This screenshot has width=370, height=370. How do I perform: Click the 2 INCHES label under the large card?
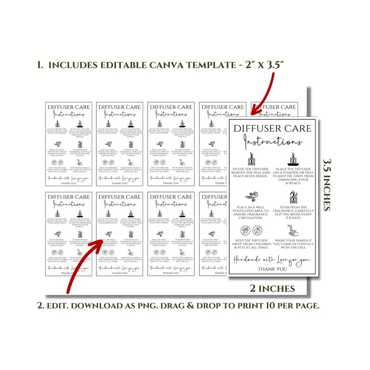click(x=273, y=288)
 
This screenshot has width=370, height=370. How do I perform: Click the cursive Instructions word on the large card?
click(x=273, y=142)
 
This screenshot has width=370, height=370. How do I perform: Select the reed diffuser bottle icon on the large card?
click(x=252, y=160)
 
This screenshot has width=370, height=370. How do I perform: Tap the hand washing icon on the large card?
click(x=294, y=230)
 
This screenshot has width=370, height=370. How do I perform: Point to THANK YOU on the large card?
click(x=273, y=269)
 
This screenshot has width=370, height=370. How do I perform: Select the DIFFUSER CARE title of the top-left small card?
click(x=69, y=107)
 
